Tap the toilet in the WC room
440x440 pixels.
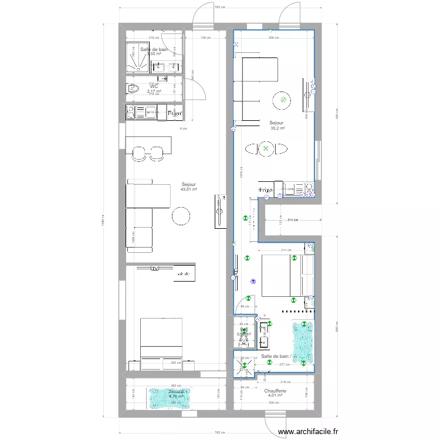coord(133,90)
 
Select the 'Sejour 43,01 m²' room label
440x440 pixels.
coord(188,187)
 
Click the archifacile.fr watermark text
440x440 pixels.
coord(308,432)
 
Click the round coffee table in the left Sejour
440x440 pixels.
coord(181,217)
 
